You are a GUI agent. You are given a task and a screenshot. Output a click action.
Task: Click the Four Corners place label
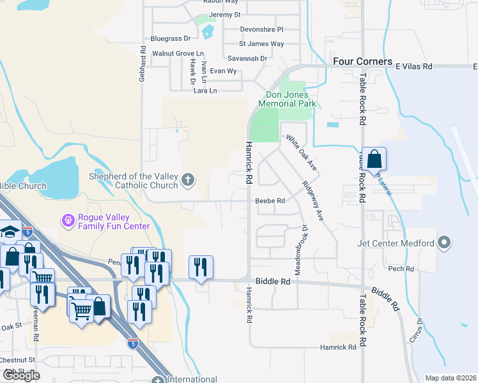tap(362, 61)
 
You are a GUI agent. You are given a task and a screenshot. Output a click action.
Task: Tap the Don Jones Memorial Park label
tap(287, 99)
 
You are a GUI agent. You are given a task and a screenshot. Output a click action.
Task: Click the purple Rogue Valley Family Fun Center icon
tap(68, 221)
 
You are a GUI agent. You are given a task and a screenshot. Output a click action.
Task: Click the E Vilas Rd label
tap(414, 66)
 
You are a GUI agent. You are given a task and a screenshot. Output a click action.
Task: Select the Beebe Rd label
tap(270, 200)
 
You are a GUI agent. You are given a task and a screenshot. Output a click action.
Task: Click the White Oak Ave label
tap(302, 152)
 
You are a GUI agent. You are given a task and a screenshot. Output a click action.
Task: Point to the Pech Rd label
tap(401, 269)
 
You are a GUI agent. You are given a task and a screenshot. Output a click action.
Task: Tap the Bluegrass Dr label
tap(170, 39)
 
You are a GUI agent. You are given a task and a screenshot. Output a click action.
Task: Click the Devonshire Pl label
tap(261, 29)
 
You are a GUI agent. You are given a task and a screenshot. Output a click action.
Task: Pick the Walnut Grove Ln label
tap(177, 54)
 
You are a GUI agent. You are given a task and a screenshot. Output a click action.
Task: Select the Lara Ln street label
tap(205, 91)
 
